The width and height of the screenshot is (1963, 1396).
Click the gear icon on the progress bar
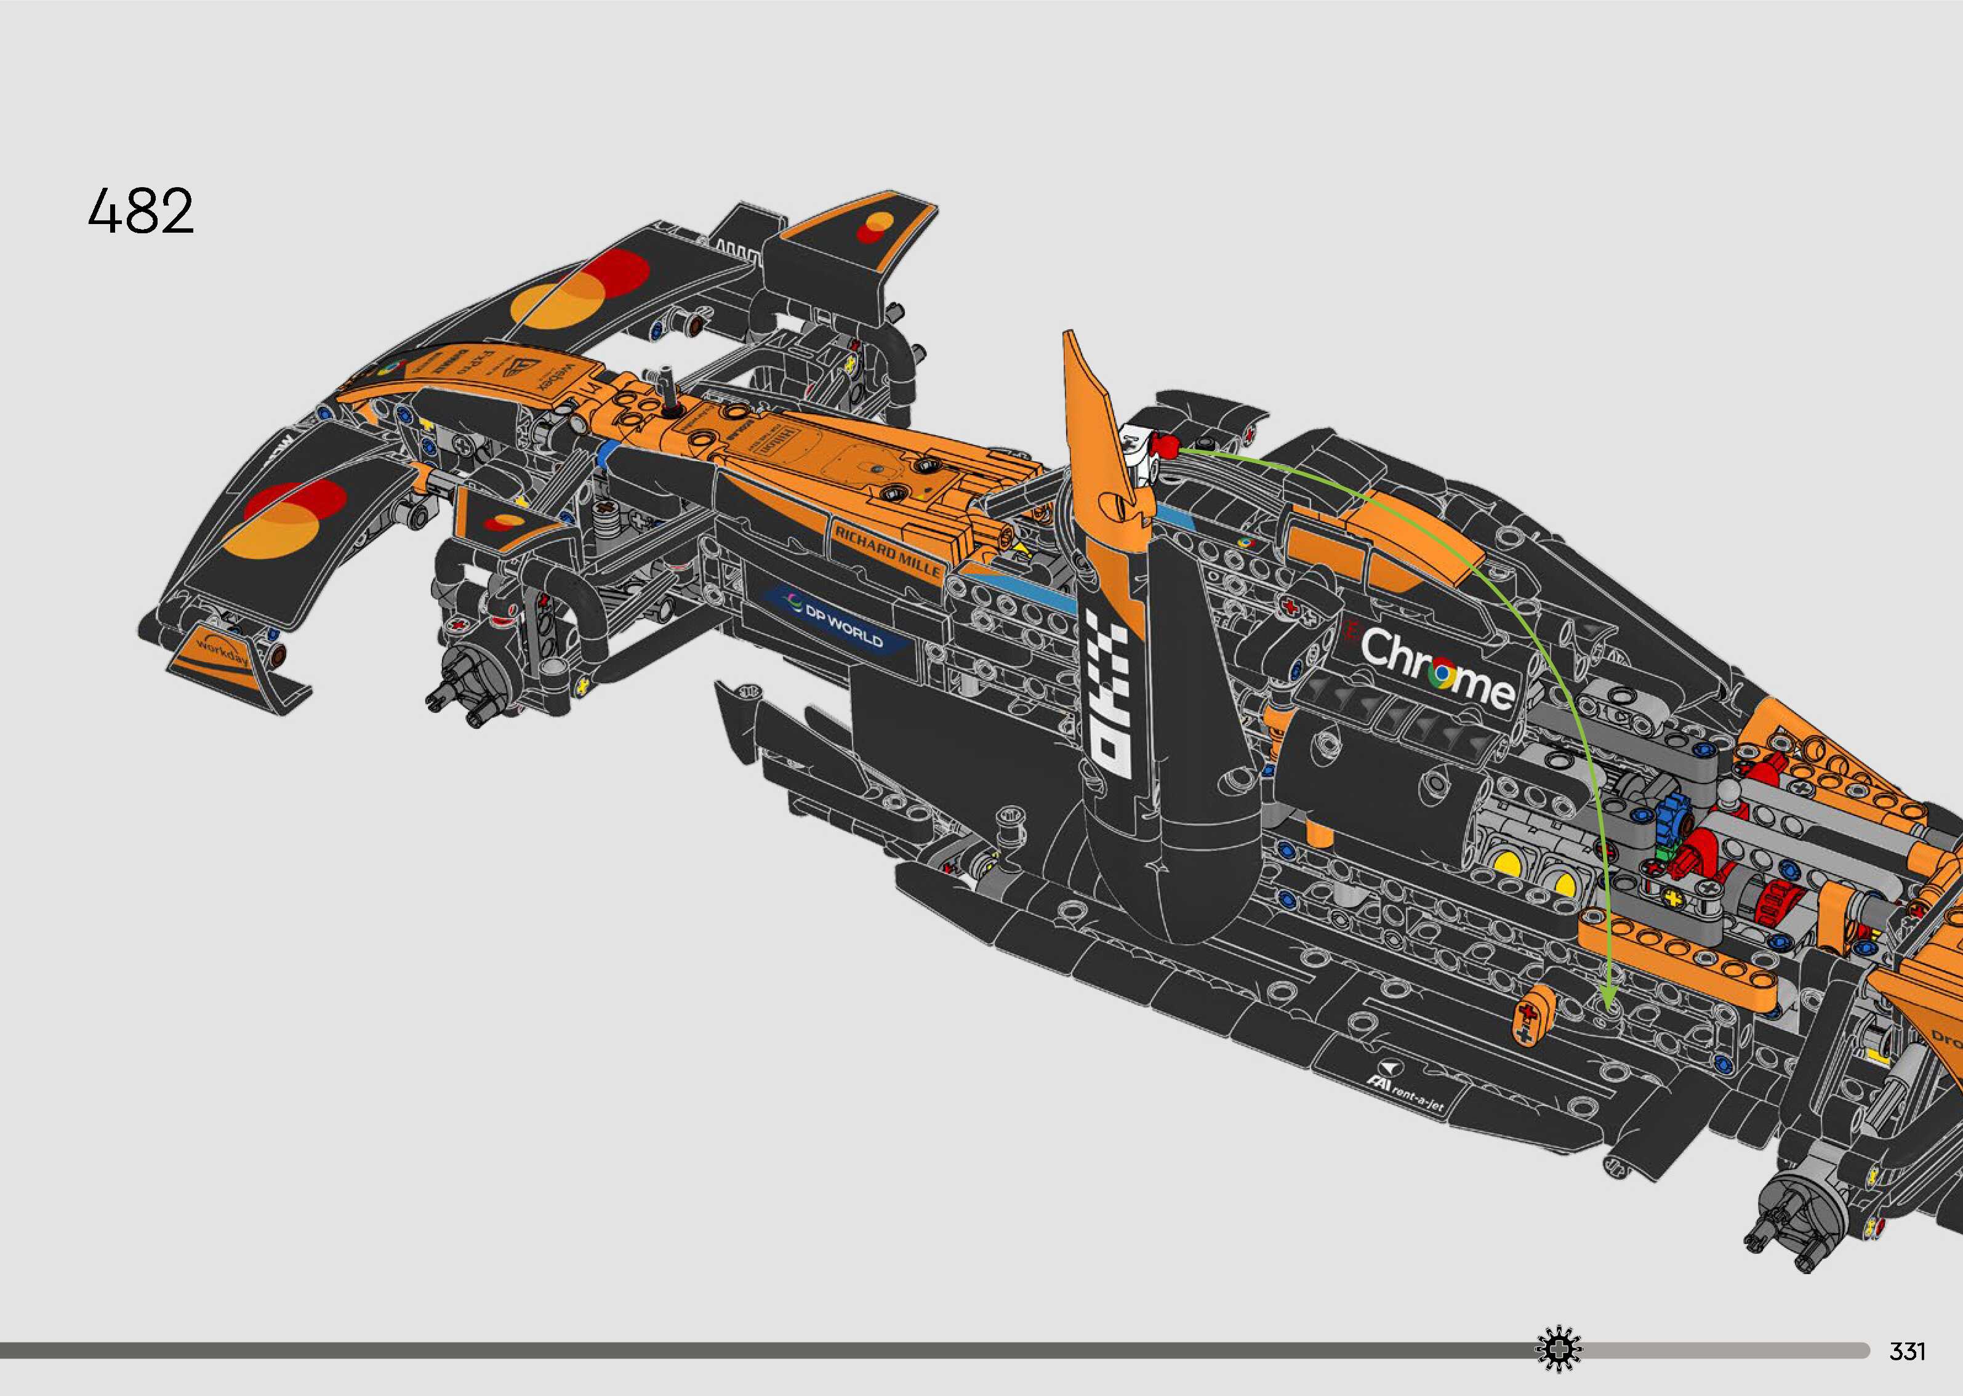tap(1557, 1350)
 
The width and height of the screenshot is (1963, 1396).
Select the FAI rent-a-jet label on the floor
tap(1410, 1097)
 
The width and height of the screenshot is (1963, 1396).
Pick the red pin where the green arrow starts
tap(1165, 445)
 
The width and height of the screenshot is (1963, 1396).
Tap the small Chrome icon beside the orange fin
tap(1243, 544)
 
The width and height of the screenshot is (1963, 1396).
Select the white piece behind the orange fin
tap(1138, 449)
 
